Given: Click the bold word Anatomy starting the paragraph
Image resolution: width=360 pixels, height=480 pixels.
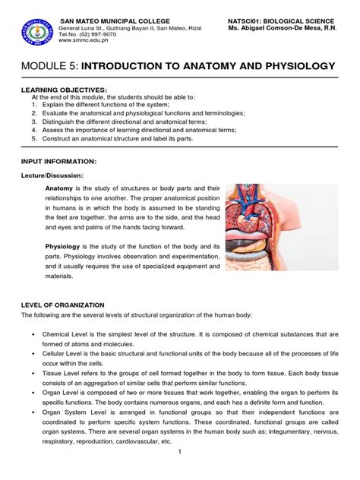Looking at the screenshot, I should click(59, 188).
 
